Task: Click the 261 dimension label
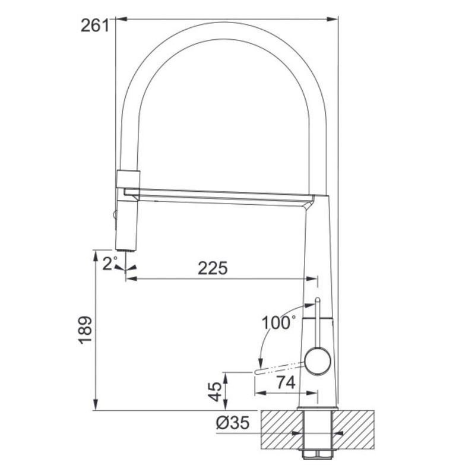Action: click(94, 26)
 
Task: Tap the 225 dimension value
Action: click(213, 268)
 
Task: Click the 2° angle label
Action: click(108, 264)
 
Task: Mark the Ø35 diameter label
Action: click(232, 423)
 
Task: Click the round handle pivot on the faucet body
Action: click(317, 362)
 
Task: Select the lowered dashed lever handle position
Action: click(279, 368)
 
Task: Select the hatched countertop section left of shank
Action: click(279, 429)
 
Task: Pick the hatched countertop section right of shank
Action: click(356, 429)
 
